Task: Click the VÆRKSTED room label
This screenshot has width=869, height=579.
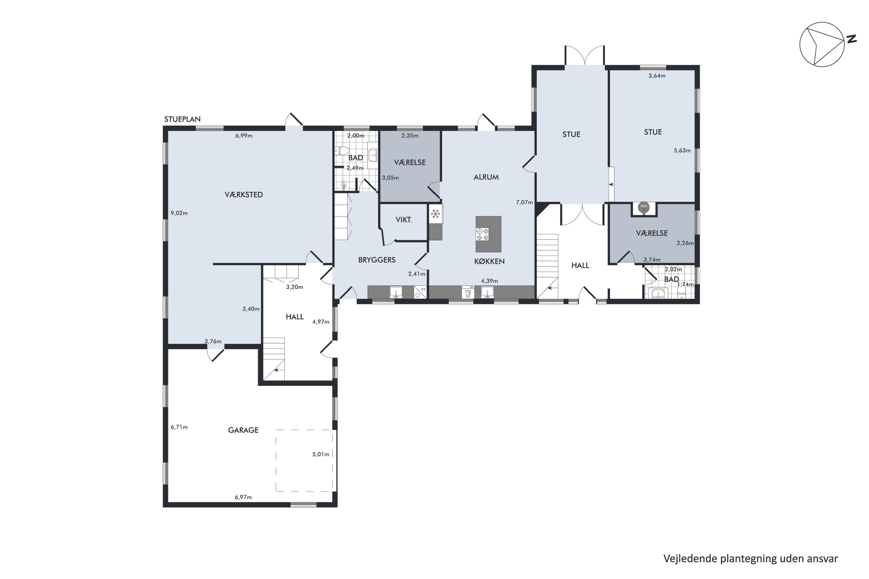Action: (x=244, y=195)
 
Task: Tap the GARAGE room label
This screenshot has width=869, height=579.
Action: (x=243, y=430)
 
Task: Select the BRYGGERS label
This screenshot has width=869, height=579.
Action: (x=377, y=260)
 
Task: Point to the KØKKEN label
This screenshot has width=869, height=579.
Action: (x=489, y=261)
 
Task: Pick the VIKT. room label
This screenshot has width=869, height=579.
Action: (x=404, y=220)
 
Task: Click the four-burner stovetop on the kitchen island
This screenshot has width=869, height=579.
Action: (x=482, y=234)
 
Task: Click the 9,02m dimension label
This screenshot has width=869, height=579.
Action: (x=179, y=213)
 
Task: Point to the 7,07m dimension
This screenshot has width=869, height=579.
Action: (x=524, y=202)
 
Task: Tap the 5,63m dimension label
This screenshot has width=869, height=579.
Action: (x=682, y=150)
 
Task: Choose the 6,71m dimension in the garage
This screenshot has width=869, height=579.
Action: (x=179, y=427)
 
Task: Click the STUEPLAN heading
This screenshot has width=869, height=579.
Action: (x=182, y=119)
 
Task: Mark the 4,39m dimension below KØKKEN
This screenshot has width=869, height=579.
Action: (x=490, y=281)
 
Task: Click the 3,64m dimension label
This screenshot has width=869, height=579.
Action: (x=657, y=76)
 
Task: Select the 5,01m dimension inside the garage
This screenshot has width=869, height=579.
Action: (x=321, y=454)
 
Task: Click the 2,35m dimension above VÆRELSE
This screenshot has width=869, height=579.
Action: (x=410, y=135)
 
